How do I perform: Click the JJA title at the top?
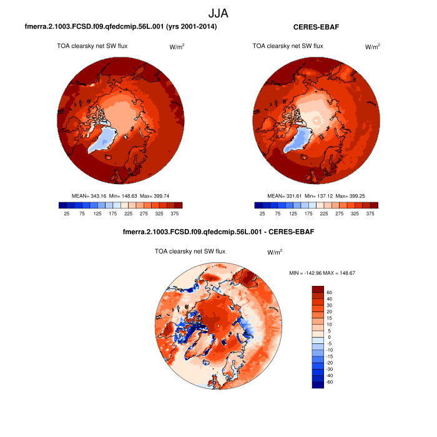pyautogui.click(x=219, y=12)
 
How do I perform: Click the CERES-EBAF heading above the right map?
pyautogui.click(x=316, y=27)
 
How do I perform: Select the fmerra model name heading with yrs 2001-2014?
pyautogui.click(x=120, y=27)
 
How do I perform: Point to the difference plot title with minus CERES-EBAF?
pyautogui.click(x=219, y=232)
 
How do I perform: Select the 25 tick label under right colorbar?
pyautogui.click(x=262, y=214)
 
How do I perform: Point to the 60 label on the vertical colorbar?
pyautogui.click(x=329, y=292)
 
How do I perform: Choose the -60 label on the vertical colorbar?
pyautogui.click(x=330, y=381)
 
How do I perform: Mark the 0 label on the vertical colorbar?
pyautogui.click(x=329, y=337)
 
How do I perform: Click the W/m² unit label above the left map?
pyautogui.click(x=178, y=47)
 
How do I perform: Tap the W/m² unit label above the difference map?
pyautogui.click(x=275, y=252)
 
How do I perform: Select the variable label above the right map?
pyautogui.click(x=288, y=46)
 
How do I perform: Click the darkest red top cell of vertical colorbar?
pyautogui.click(x=318, y=289)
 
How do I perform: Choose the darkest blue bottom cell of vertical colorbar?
pyautogui.click(x=318, y=385)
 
